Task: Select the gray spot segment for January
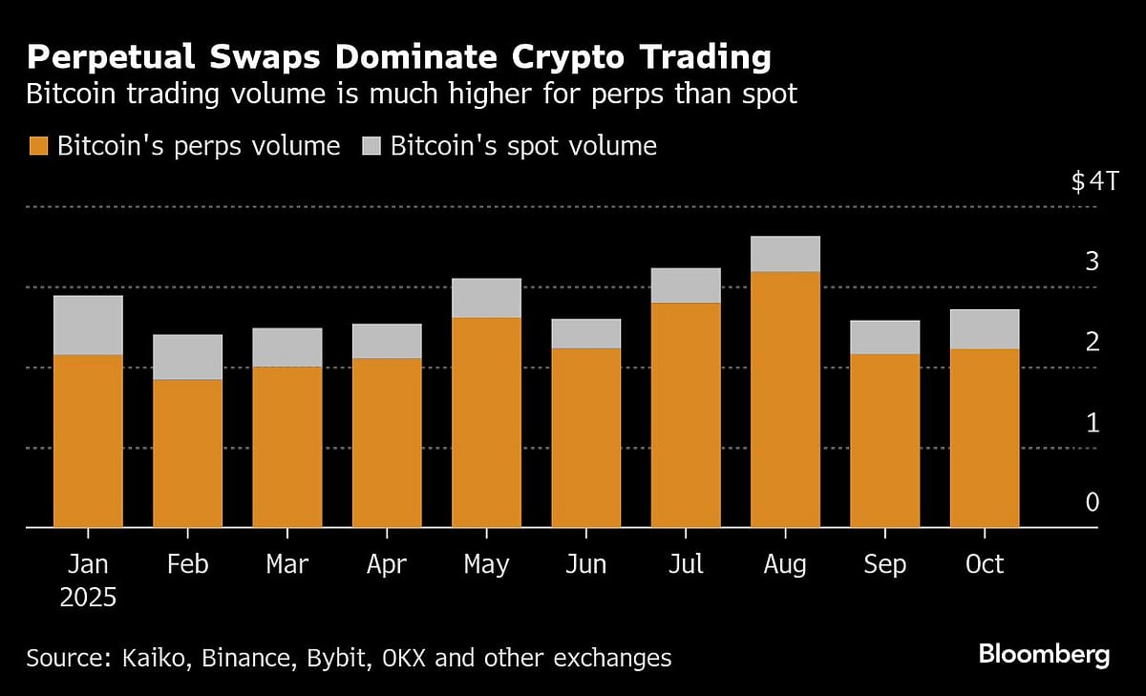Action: click(88, 326)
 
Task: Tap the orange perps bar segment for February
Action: click(187, 453)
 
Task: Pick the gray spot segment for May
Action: click(486, 298)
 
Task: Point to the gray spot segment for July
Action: click(686, 285)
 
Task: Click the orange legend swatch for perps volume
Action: click(38, 146)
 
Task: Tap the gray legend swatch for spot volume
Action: click(371, 146)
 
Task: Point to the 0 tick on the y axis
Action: click(1093, 502)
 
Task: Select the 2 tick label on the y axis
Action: click(1093, 342)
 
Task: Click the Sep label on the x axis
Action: click(884, 564)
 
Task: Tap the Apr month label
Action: click(386, 564)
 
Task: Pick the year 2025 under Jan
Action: click(88, 599)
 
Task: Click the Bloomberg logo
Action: click(1044, 655)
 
